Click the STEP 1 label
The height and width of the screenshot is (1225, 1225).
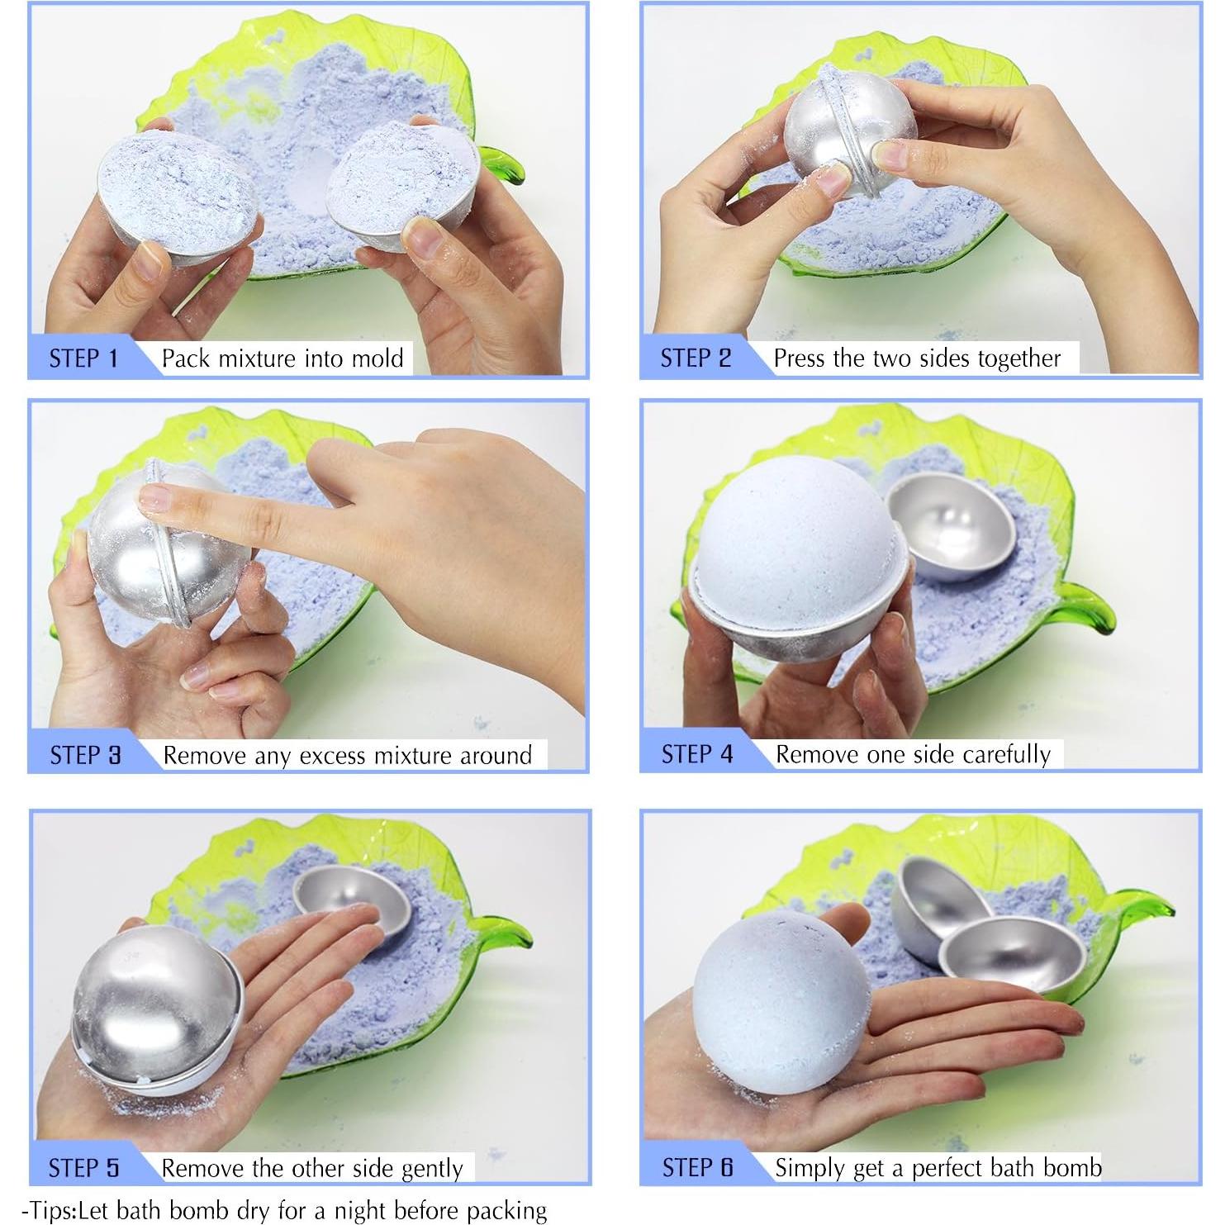(83, 358)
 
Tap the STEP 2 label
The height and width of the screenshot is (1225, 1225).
(696, 358)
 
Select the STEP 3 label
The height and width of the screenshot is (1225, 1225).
(85, 755)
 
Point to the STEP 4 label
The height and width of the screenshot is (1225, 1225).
(696, 754)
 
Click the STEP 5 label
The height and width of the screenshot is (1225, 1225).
(83, 1168)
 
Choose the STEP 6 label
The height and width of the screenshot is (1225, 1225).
(697, 1167)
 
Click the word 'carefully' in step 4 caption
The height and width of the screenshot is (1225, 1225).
(1006, 754)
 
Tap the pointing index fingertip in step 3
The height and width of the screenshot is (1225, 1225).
(153, 498)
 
